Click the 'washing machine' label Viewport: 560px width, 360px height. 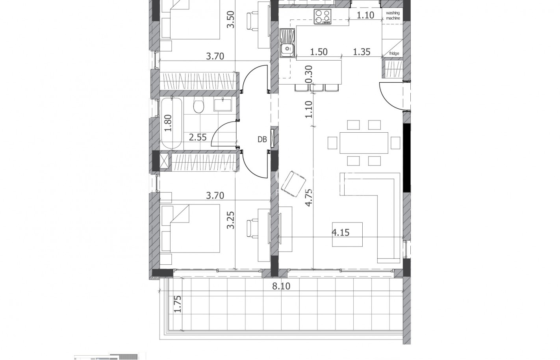(x=393, y=15)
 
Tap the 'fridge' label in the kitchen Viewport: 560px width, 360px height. (x=394, y=54)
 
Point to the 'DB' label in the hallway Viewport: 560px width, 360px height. (x=262, y=139)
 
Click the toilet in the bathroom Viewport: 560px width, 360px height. (x=198, y=106)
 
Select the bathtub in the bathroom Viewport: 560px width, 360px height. (x=171, y=124)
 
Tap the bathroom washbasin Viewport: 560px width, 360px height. (x=223, y=104)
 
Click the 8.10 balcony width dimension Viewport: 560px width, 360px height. (x=281, y=286)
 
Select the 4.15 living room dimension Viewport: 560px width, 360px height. (x=340, y=232)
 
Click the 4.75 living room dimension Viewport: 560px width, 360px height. (x=308, y=197)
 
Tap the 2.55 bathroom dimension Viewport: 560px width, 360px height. (x=198, y=137)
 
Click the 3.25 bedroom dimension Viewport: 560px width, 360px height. (x=231, y=221)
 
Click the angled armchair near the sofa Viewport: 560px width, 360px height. (x=293, y=184)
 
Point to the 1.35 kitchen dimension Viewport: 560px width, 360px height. (x=362, y=52)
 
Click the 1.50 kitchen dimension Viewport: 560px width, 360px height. (x=319, y=52)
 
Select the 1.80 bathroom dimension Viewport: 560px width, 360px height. (x=168, y=123)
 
